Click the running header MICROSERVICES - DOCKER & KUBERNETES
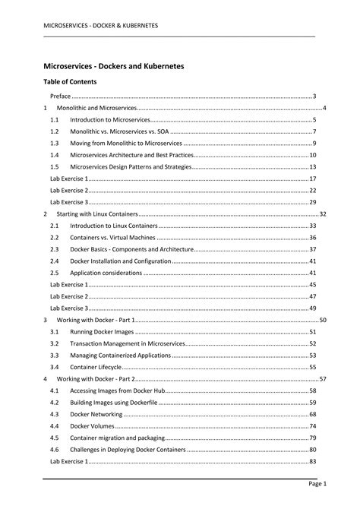(100, 25)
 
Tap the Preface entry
(61, 96)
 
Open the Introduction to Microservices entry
(110, 120)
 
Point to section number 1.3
(55, 143)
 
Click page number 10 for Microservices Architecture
(312, 155)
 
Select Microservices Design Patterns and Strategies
(130, 166)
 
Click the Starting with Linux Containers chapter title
(97, 214)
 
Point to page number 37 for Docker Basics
(312, 249)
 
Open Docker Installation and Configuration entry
(120, 261)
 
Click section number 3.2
(55, 343)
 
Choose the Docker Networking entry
(99, 414)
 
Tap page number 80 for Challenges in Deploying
(312, 450)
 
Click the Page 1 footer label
(317, 484)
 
